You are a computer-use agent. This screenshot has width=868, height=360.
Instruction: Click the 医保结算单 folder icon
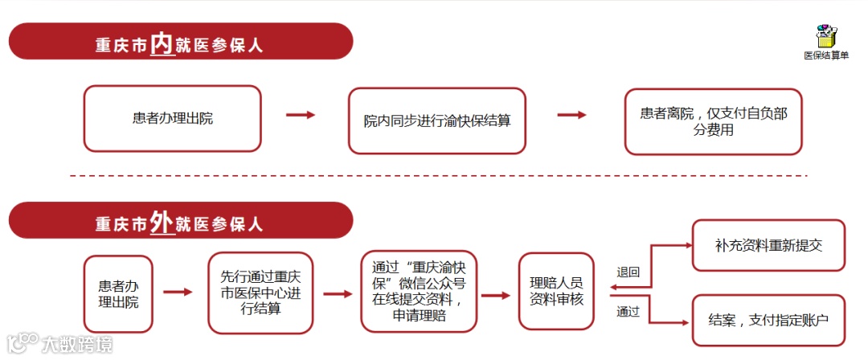point(826,36)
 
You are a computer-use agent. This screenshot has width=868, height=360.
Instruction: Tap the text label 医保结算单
point(826,55)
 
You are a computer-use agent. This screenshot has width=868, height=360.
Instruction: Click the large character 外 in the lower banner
point(162,223)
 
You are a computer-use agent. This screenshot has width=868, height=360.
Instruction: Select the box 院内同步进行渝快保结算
point(436,121)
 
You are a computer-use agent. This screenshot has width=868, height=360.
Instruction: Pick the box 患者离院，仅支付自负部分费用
point(713,121)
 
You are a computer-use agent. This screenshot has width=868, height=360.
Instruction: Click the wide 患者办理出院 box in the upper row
point(173,119)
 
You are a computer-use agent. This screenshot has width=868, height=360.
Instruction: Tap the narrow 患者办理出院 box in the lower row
point(118,293)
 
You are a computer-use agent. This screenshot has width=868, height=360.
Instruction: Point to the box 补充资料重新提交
point(768,245)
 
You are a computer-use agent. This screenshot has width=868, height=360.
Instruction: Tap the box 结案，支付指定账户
point(768,320)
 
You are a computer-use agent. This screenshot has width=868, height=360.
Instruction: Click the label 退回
point(628,272)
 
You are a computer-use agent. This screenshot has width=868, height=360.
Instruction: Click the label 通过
point(628,312)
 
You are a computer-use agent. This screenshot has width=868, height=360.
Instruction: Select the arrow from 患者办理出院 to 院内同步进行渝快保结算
point(301,115)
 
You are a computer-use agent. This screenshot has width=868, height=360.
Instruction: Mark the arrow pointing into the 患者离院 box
point(571,115)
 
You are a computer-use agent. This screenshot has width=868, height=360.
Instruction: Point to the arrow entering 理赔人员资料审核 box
point(496,295)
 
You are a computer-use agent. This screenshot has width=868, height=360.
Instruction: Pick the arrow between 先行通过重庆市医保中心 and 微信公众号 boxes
point(338,293)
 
